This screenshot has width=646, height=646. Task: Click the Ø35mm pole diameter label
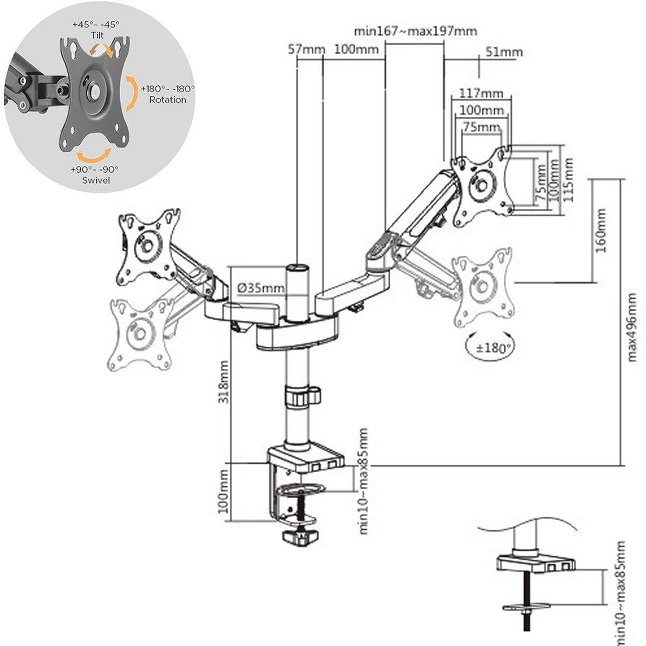coord(261,289)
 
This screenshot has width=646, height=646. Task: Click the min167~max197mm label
coord(416,31)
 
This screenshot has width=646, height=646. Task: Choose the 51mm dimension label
coord(504,52)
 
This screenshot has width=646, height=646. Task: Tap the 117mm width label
coord(481,93)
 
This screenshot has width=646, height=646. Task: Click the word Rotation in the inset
coord(167,100)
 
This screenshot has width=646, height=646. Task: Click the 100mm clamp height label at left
coord(224,490)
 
